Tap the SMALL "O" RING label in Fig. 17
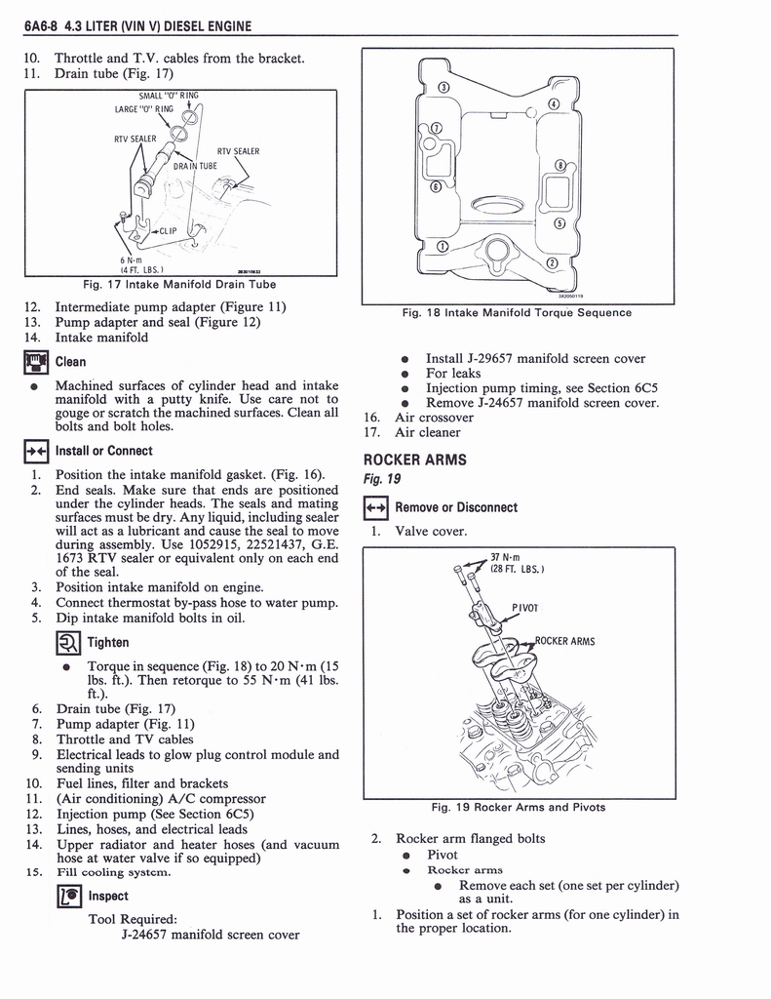click(168, 96)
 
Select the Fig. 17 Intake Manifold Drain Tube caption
click(179, 285)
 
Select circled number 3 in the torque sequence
click(443, 89)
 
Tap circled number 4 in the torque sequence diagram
click(553, 104)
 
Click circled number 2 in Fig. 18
click(553, 263)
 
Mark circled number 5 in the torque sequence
click(559, 222)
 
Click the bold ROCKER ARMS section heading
click(415, 460)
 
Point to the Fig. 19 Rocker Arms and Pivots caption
click(518, 807)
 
